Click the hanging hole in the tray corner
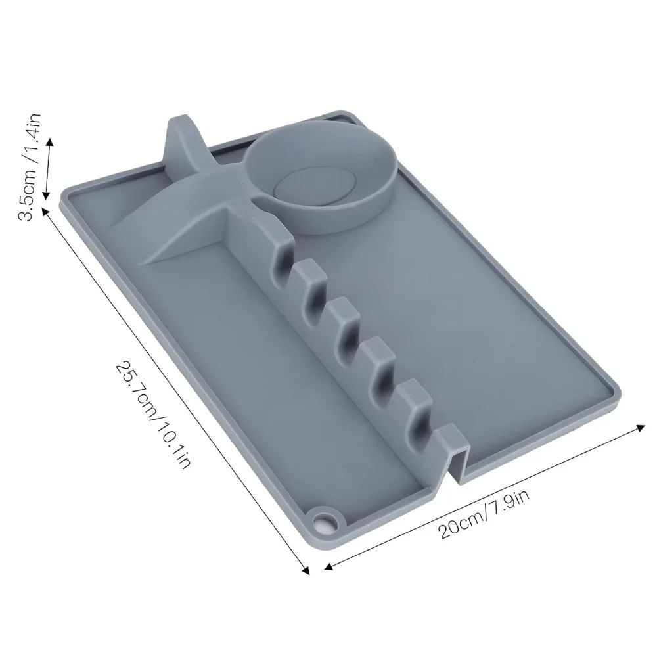pos(323,524)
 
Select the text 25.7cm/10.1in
pos(152,414)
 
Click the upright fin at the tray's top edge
pos(179,141)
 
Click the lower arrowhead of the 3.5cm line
pos(45,196)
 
